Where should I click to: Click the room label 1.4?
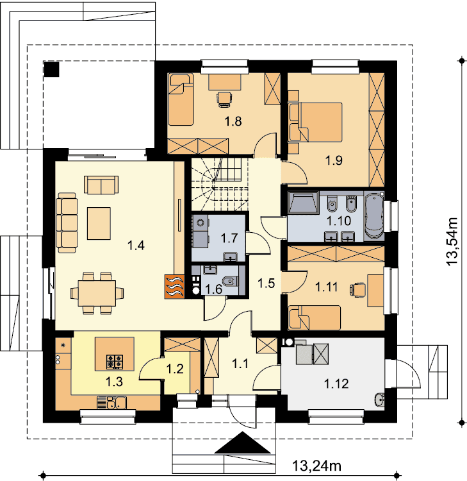pyautogui.click(x=136, y=246)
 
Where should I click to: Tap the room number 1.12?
pyautogui.click(x=336, y=384)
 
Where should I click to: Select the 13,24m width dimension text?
pyautogui.click(x=316, y=466)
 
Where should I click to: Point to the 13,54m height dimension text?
pyautogui.click(x=452, y=241)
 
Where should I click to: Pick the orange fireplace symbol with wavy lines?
pyautogui.click(x=174, y=286)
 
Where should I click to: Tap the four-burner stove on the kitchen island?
pyautogui.click(x=115, y=362)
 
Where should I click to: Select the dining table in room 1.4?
pyautogui.click(x=97, y=293)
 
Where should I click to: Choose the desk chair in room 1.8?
pyautogui.click(x=224, y=99)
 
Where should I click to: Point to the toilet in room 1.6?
pyautogui.click(x=230, y=281)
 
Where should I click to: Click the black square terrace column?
pyautogui.click(x=51, y=69)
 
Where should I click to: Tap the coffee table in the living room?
pyautogui.click(x=99, y=223)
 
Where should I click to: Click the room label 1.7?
pyautogui.click(x=229, y=238)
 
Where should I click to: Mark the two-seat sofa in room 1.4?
pyautogui.click(x=101, y=185)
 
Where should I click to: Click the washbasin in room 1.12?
pyautogui.click(x=379, y=400)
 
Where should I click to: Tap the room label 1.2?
pyautogui.click(x=175, y=369)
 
